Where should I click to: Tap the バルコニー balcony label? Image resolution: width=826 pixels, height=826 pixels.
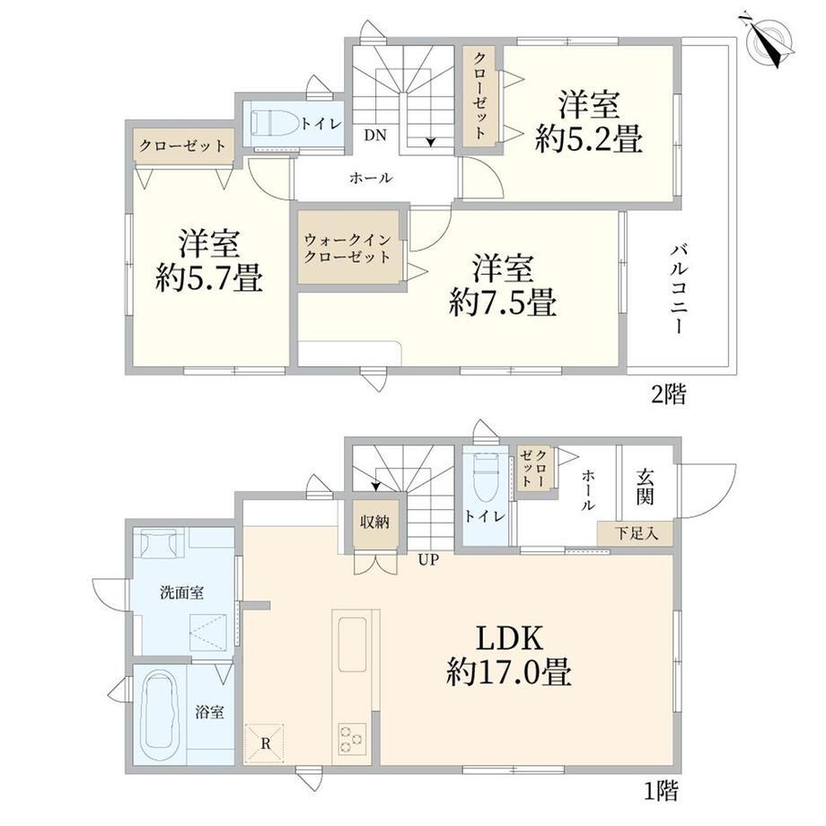[x=680, y=289]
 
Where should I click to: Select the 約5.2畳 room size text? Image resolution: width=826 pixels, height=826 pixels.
[x=589, y=139]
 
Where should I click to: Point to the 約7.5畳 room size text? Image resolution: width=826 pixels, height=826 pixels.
[x=503, y=302]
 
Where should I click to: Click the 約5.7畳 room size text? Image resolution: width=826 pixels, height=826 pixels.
[x=209, y=277]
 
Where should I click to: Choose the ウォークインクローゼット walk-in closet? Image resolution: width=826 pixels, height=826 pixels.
[x=348, y=247]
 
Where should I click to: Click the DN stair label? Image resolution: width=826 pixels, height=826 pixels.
[x=375, y=136]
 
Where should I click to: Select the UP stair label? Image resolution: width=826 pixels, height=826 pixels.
[x=427, y=560]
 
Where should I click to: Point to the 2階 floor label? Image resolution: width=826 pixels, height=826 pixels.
[x=669, y=394]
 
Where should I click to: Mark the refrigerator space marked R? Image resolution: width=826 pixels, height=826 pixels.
[x=266, y=743]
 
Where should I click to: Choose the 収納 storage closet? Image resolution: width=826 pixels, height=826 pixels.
[x=374, y=522]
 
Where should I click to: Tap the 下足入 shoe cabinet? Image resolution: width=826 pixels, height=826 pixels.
[x=636, y=533]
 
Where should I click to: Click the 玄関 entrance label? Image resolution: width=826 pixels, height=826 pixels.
[x=645, y=487]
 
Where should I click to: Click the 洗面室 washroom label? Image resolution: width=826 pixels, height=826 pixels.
[x=181, y=593]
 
